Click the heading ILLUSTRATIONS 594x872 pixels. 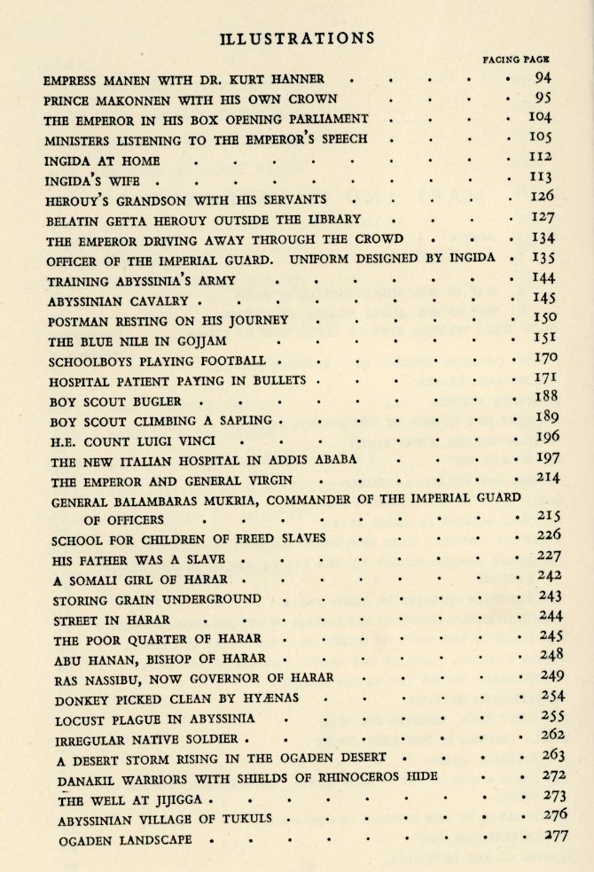click(296, 38)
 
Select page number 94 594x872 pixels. click(543, 78)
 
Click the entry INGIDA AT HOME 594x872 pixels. click(102, 161)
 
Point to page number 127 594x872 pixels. click(543, 218)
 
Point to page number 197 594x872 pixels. click(548, 458)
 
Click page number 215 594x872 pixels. click(550, 515)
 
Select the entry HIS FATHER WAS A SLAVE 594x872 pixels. click(138, 559)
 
